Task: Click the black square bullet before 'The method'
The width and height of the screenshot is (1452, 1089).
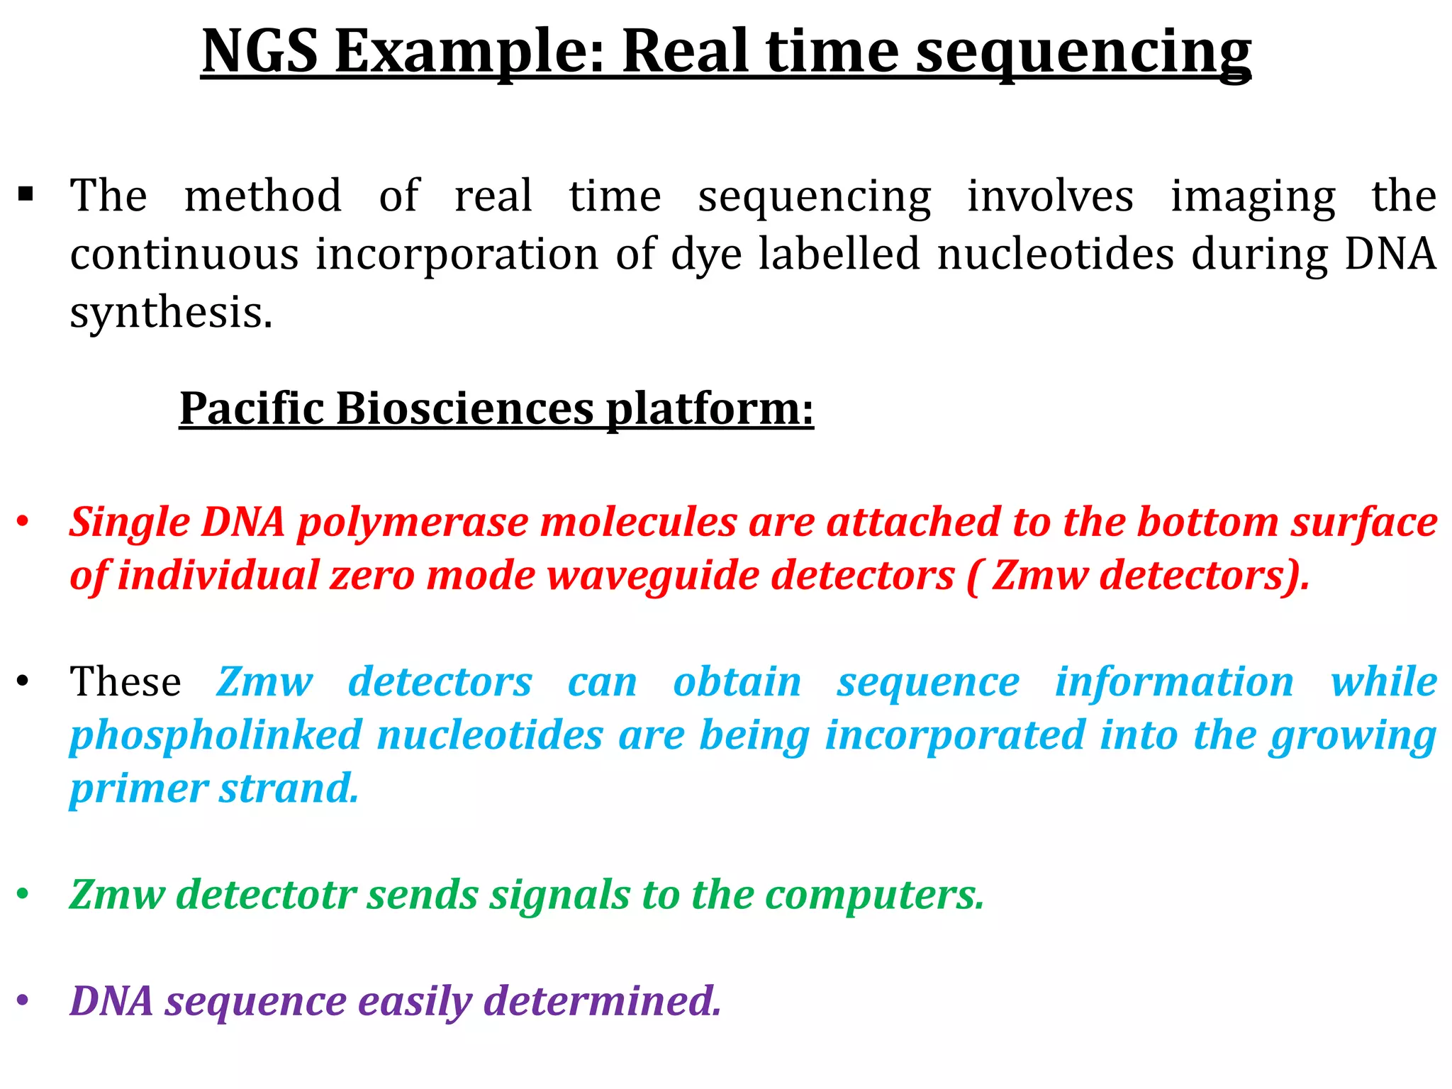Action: pos(26,194)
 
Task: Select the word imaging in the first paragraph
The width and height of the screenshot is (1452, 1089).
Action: pos(1253,196)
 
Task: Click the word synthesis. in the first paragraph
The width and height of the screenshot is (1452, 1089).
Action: pos(171,312)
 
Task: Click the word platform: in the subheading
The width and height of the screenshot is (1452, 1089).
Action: pos(710,409)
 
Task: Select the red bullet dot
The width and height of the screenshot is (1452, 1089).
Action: pos(23,523)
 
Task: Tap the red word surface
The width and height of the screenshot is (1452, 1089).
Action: pos(1363,523)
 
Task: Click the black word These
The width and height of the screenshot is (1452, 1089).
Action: pos(125,682)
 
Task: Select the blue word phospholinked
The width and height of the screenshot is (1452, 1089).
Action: pos(216,735)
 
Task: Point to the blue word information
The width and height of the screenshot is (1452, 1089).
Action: pos(1174,682)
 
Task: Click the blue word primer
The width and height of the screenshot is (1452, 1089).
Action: pos(139,788)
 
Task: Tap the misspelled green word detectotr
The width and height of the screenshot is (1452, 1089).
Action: pos(267,895)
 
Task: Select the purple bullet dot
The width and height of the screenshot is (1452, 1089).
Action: pos(23,1001)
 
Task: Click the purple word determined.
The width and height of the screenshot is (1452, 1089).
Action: pos(602,1001)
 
